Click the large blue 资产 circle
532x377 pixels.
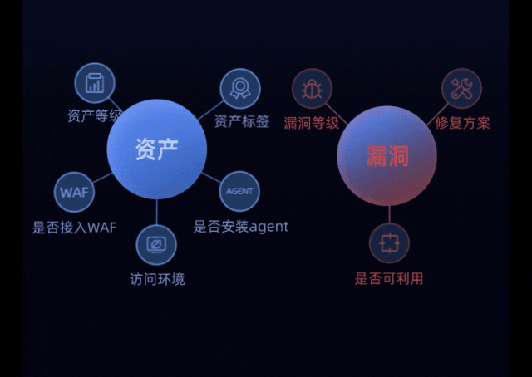point(156,149)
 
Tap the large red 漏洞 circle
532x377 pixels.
point(387,155)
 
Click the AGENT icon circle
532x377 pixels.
point(239,191)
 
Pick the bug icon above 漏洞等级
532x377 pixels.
point(313,89)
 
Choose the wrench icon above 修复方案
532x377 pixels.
point(461,89)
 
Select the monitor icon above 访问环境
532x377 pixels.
point(156,244)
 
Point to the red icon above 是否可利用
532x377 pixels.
point(389,243)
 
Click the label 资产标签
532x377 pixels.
point(242,121)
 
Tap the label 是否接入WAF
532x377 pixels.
point(75,227)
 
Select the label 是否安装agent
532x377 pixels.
point(241,226)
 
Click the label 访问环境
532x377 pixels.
point(157,279)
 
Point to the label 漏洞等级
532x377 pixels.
point(312,123)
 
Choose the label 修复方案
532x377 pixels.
point(463,123)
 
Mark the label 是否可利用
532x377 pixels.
point(389,278)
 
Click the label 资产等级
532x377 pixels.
point(92,115)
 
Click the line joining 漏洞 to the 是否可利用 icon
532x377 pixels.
point(389,213)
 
